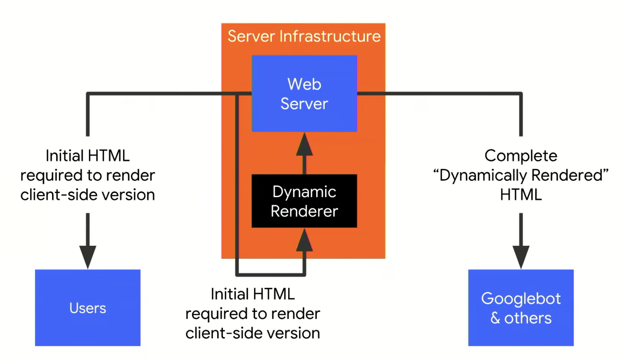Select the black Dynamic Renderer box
tap(304, 201)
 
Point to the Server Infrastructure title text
tap(304, 37)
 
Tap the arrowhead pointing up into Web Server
tap(304, 145)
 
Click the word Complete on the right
tap(521, 156)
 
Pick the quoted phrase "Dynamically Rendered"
tap(521, 175)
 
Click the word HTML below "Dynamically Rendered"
tap(521, 195)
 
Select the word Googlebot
tap(521, 299)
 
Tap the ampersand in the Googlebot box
tap(495, 318)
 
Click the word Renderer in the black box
tap(304, 211)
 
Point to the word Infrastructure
tap(330, 37)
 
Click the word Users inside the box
tap(88, 308)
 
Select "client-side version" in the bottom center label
tap(252, 333)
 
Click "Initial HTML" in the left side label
tap(88, 156)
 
